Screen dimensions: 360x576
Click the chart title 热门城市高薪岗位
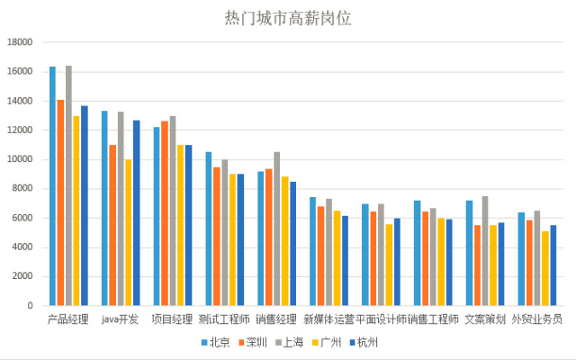pos(287,18)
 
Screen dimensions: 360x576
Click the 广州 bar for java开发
pos(129,233)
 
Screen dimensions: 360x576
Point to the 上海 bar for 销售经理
pos(277,229)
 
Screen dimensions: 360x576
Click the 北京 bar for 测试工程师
pos(209,229)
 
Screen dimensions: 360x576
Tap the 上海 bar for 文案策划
pos(485,251)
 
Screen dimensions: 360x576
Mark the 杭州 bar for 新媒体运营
pos(345,261)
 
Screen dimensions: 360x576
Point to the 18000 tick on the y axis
pos(19,42)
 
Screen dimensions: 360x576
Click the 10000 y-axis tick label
pos(19,159)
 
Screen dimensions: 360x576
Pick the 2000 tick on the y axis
pos(22,276)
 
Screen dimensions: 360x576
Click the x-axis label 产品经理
pos(68,319)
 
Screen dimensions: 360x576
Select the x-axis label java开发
pos(120,319)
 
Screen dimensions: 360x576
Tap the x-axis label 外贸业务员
pos(537,319)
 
